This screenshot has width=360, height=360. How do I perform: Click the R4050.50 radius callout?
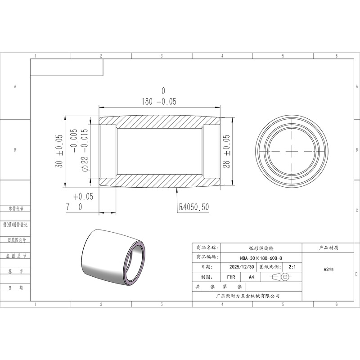coord(194,207)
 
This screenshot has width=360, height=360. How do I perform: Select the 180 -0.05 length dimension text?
coord(159,102)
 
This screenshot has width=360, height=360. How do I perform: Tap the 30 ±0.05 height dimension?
coord(59,151)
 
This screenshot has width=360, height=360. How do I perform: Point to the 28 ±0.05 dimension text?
coord(226,151)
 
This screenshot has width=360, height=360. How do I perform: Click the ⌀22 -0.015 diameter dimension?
coord(84,150)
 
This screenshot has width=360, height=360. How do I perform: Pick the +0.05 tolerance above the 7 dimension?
coord(83,197)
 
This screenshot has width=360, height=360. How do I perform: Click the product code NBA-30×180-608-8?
coord(261,258)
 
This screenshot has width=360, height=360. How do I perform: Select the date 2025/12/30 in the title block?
coord(242,267)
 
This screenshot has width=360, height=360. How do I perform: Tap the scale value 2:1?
coord(292,267)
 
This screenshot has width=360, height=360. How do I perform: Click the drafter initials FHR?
coord(231,277)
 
